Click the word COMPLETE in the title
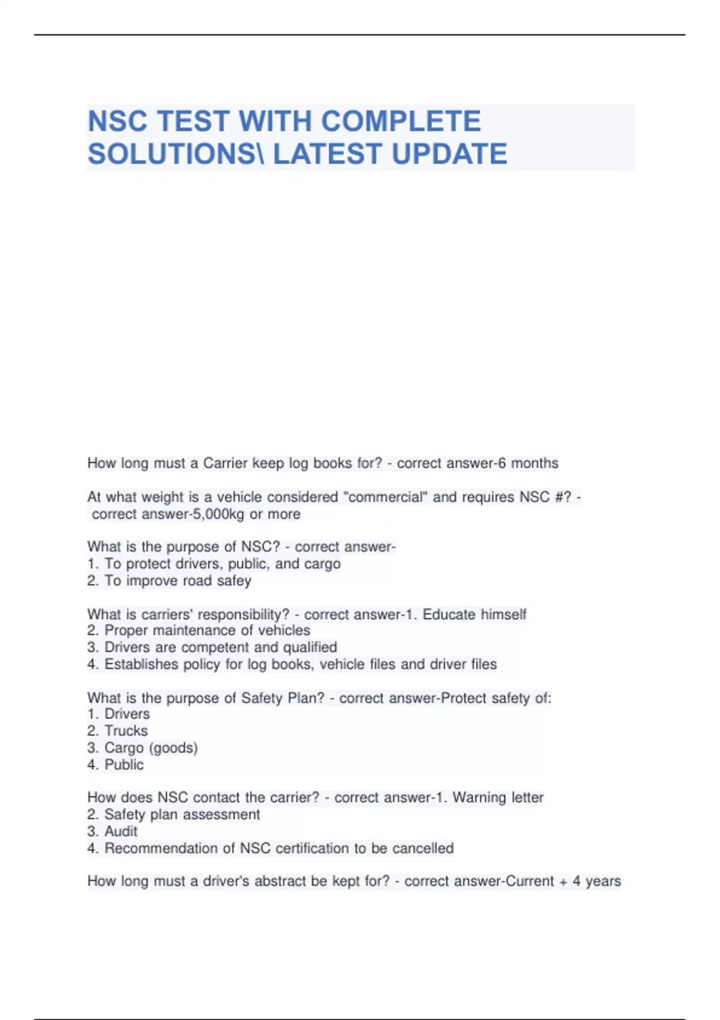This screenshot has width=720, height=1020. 401,121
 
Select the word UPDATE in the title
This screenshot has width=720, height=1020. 449,154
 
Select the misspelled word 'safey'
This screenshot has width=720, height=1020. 233,581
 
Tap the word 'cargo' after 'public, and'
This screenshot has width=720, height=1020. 322,564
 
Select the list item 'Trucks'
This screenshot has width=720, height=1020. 126,731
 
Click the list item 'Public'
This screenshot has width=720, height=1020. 124,764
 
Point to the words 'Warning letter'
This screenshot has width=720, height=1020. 498,797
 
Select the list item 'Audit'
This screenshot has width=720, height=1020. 121,832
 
